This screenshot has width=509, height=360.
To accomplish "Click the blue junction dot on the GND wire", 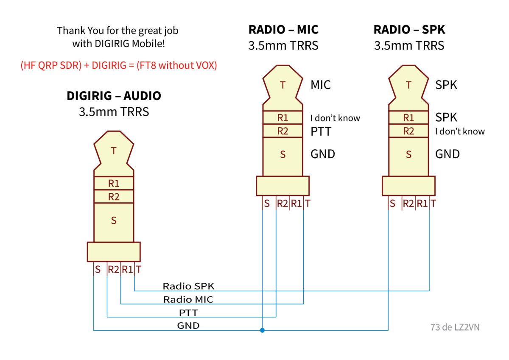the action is pyautogui.click(x=262, y=330).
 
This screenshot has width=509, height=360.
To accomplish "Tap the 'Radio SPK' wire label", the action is pyautogui.click(x=188, y=286).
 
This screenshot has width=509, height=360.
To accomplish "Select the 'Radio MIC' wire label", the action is pyautogui.click(x=188, y=300).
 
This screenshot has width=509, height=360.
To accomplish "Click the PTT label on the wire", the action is pyautogui.click(x=188, y=313).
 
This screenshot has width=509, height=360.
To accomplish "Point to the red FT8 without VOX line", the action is pyautogui.click(x=119, y=65).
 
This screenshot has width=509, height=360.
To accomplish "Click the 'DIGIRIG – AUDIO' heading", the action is pyautogui.click(x=114, y=96).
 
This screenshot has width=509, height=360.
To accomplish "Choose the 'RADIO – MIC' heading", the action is pyautogui.click(x=283, y=30).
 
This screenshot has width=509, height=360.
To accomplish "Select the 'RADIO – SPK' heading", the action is pyautogui.click(x=409, y=30).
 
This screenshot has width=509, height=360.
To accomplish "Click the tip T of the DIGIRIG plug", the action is pyautogui.click(x=114, y=151).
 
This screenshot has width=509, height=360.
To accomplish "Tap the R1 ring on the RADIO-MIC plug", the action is pyautogui.click(x=282, y=117).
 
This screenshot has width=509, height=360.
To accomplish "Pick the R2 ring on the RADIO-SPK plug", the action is pyautogui.click(x=408, y=131).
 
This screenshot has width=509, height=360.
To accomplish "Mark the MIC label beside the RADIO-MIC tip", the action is pyautogui.click(x=321, y=85).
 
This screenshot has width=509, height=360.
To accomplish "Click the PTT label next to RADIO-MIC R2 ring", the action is pyautogui.click(x=321, y=131).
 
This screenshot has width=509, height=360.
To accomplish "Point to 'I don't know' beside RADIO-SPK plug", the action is pyautogui.click(x=460, y=131).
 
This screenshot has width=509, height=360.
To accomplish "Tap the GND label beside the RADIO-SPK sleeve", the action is pyautogui.click(x=447, y=154).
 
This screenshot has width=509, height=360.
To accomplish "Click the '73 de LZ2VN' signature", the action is pyautogui.click(x=455, y=327).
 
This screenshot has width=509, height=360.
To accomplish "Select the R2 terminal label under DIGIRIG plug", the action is pyautogui.click(x=113, y=270).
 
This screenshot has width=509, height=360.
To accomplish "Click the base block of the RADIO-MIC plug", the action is pyautogui.click(x=282, y=186).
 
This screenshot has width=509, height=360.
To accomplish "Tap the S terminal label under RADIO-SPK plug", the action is pyautogui.click(x=392, y=204).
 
